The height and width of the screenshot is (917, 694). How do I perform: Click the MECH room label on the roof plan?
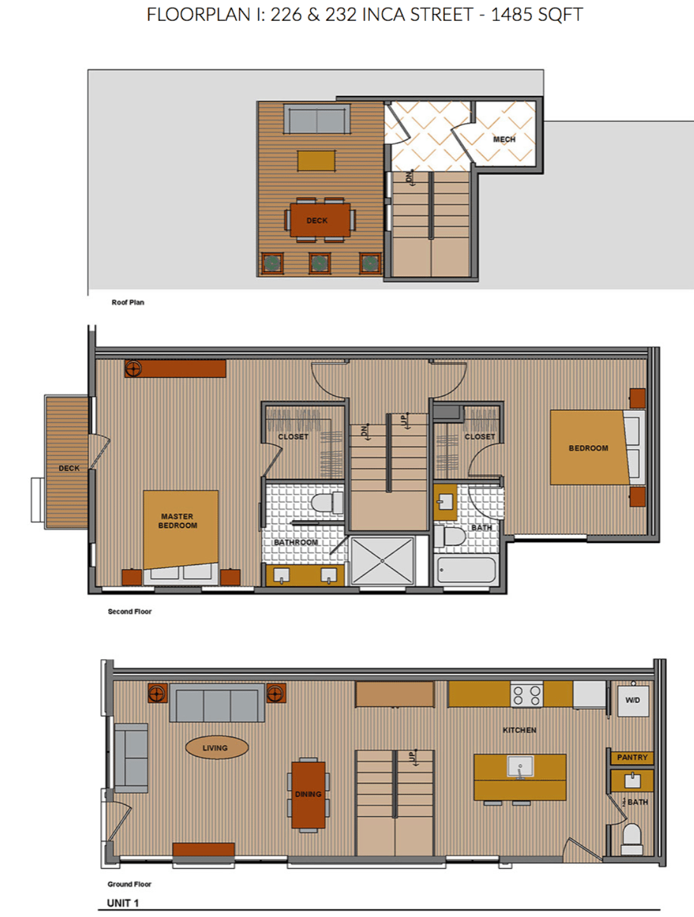click(x=504, y=139)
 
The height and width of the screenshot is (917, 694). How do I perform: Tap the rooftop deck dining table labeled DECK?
click(x=320, y=220)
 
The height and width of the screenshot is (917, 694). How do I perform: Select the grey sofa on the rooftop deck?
click(x=316, y=119)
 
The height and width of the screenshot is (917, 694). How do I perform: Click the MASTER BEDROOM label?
click(x=177, y=521)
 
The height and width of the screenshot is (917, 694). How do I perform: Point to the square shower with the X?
click(x=382, y=561)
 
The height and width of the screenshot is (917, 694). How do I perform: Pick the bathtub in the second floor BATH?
click(x=466, y=570)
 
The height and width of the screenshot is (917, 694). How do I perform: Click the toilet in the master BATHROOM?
click(x=327, y=503)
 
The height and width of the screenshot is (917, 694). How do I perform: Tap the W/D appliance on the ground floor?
click(x=633, y=701)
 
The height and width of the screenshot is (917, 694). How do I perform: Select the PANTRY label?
click(x=632, y=758)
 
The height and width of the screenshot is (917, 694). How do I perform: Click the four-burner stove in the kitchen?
click(x=526, y=695)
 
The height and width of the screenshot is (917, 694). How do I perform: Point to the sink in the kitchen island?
click(x=520, y=766)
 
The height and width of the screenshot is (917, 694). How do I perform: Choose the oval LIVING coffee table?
click(x=217, y=747)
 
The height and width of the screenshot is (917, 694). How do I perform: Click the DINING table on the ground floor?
click(x=308, y=794)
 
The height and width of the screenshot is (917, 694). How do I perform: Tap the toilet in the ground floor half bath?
click(x=632, y=839)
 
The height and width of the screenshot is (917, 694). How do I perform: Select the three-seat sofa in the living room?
click(x=217, y=703)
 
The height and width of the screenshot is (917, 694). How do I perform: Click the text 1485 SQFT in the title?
click(x=537, y=15)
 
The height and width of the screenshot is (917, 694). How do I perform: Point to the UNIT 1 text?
click(x=123, y=903)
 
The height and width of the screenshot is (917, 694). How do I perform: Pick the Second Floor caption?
click(x=130, y=611)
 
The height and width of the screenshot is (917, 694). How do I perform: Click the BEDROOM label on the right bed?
click(x=589, y=448)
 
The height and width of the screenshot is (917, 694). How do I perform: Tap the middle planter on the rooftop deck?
click(x=320, y=263)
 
